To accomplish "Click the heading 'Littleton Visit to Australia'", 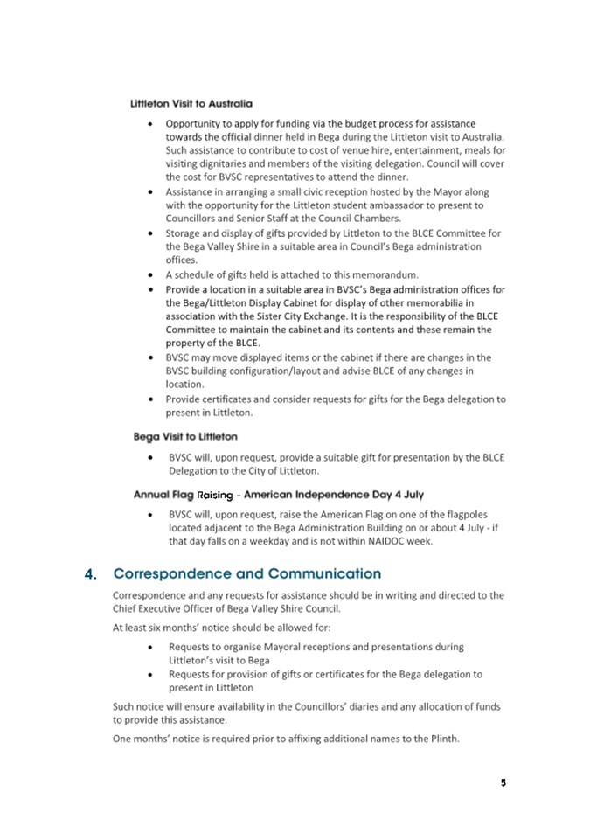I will [191, 104].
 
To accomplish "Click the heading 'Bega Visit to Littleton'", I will [185, 436].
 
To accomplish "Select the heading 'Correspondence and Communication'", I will [247, 574].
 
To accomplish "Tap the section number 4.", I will [90, 575].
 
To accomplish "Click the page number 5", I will [503, 782].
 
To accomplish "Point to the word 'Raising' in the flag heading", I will [216, 495].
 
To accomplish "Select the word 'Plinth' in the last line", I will [441, 739].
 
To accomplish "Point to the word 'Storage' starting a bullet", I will [185, 233].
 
